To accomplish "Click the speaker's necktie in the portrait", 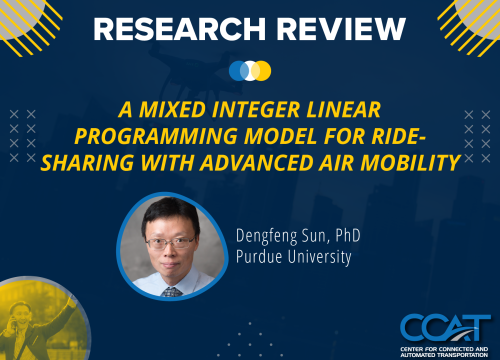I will click(171, 291).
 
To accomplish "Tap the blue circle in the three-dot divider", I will click(238, 71).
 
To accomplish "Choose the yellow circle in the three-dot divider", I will click(262, 71).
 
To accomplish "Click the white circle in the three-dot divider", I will click(250, 71).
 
